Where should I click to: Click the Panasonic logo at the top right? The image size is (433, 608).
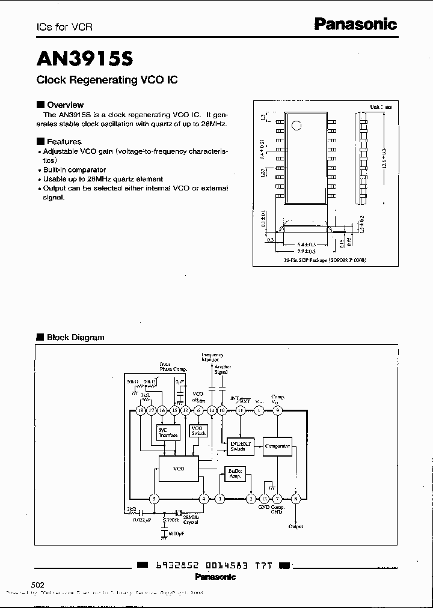pyautogui.click(x=356, y=25)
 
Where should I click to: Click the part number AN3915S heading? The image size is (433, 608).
pyautogui.click(x=85, y=58)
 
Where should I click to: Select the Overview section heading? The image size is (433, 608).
pyautogui.click(x=65, y=105)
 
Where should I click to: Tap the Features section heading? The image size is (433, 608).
pyautogui.click(x=64, y=142)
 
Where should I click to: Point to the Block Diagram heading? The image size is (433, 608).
pyautogui.click(x=75, y=337)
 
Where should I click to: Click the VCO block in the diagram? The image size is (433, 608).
pyautogui.click(x=179, y=467)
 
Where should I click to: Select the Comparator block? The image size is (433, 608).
pyautogui.click(x=278, y=446)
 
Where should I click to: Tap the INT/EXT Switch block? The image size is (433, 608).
pyautogui.click(x=242, y=446)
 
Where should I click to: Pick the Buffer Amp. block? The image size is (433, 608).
pyautogui.click(x=235, y=473)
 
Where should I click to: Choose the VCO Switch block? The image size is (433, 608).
pyautogui.click(x=198, y=430)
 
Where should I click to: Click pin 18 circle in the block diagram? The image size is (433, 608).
pyautogui.click(x=141, y=410)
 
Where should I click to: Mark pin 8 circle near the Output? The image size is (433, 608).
pyautogui.click(x=295, y=499)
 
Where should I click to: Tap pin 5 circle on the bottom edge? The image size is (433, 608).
pyautogui.click(x=155, y=499)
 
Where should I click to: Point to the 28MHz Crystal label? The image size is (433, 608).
pyautogui.click(x=190, y=519)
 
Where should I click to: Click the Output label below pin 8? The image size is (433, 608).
pyautogui.click(x=295, y=526)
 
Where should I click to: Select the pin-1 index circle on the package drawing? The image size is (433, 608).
pyautogui.click(x=296, y=125)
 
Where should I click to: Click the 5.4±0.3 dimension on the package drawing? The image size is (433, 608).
pyautogui.click(x=307, y=245)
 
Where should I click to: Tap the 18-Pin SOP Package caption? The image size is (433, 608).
pyautogui.click(x=325, y=260)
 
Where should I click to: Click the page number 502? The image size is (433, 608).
pyautogui.click(x=37, y=585)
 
